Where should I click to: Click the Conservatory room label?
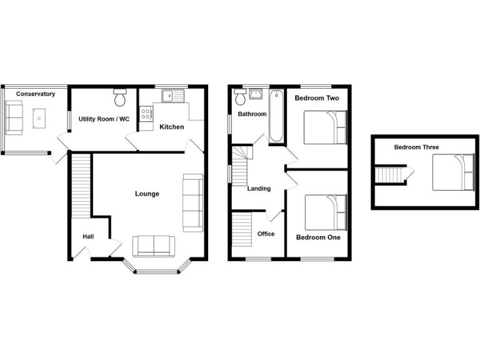[x=36, y=94]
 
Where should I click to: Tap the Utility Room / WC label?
[x=104, y=119]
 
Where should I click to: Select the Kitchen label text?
[x=171, y=127]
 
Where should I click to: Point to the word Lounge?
[x=147, y=194]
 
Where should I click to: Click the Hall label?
[x=88, y=237]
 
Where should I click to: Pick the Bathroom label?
[x=252, y=114]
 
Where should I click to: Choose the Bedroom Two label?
[x=316, y=98]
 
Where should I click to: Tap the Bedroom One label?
[x=318, y=237]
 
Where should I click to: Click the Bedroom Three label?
[x=416, y=147]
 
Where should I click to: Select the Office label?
[x=266, y=234]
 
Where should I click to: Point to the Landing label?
[x=259, y=189]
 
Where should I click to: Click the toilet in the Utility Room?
[x=121, y=98]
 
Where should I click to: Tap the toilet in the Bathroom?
[x=240, y=97]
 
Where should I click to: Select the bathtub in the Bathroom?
[x=276, y=116]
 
